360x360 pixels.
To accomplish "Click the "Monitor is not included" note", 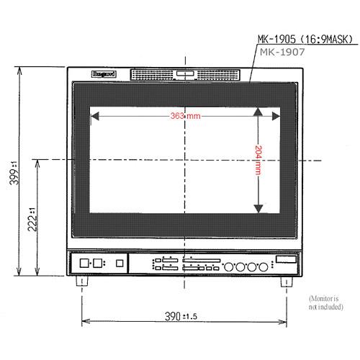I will tap(327, 302).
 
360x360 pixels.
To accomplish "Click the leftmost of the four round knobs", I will tap(230, 266).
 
